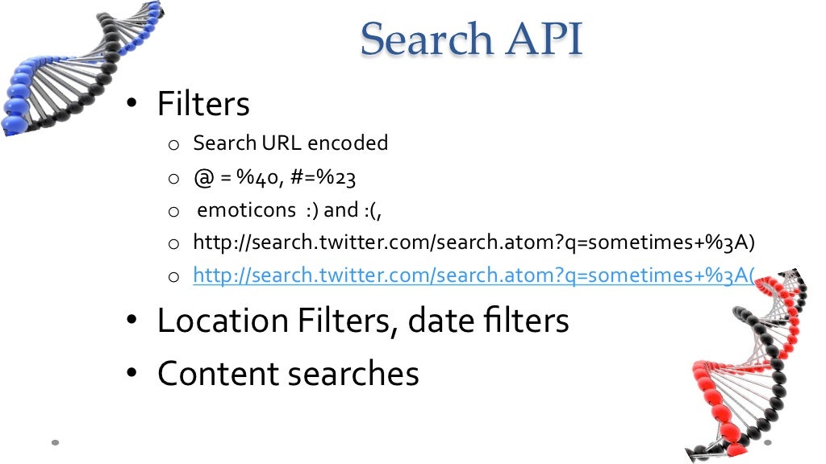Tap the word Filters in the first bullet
click(203, 105)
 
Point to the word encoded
click(348, 143)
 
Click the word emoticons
click(247, 210)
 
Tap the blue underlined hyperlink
click(473, 276)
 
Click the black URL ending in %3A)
click(473, 243)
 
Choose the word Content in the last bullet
click(218, 374)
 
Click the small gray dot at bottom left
click(56, 442)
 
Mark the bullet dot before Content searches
click(132, 375)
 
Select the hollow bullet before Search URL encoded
click(173, 145)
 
